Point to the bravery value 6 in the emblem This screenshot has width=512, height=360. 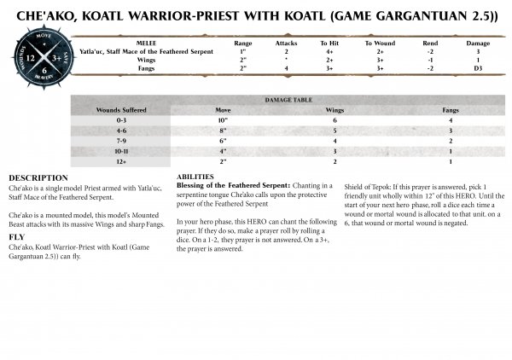tap(45, 71)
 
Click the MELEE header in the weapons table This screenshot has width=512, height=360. tap(146, 41)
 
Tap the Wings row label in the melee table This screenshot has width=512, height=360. tap(146, 58)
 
